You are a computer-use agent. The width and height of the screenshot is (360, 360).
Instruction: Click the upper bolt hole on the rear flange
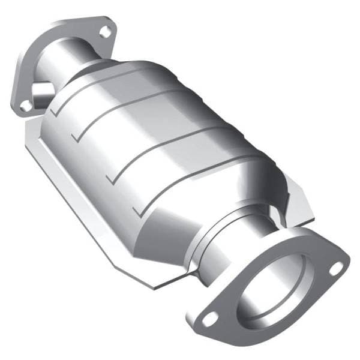coord(106,32)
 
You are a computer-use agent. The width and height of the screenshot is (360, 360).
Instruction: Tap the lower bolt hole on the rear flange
coord(26,106)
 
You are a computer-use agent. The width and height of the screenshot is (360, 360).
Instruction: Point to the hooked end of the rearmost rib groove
coord(55,112)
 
